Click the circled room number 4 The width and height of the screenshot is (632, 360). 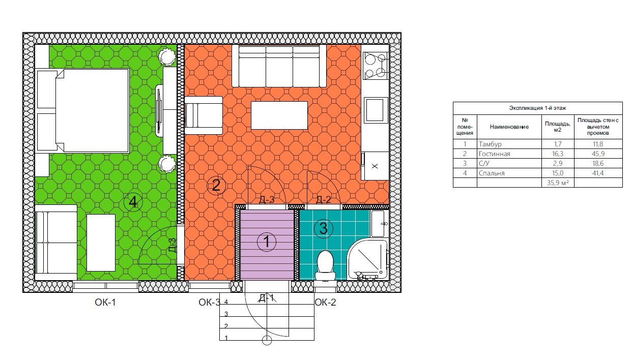(x=133, y=202)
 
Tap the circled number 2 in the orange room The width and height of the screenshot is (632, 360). (x=216, y=185)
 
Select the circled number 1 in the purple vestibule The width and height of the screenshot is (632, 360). (x=267, y=242)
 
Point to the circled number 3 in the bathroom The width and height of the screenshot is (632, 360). (x=323, y=228)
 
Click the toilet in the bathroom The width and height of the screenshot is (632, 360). (x=325, y=265)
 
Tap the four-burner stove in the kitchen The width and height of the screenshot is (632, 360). (x=376, y=66)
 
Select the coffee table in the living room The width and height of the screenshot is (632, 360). (x=279, y=115)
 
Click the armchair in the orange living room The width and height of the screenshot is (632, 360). (x=204, y=115)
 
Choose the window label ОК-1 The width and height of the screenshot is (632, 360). (x=105, y=302)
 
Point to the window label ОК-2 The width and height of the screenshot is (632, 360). (x=325, y=302)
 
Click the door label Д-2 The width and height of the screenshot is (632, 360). (x=324, y=200)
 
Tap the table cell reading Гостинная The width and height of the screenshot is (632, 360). (x=494, y=154)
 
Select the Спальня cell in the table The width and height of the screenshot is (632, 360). (x=492, y=173)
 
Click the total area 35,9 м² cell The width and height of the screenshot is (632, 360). (x=558, y=183)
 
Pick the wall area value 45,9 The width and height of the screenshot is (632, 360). (x=598, y=154)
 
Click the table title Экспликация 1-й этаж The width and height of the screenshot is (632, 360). (x=537, y=108)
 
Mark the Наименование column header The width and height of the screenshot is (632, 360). (x=509, y=127)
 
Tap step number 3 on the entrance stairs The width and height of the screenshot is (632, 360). (x=226, y=314)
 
